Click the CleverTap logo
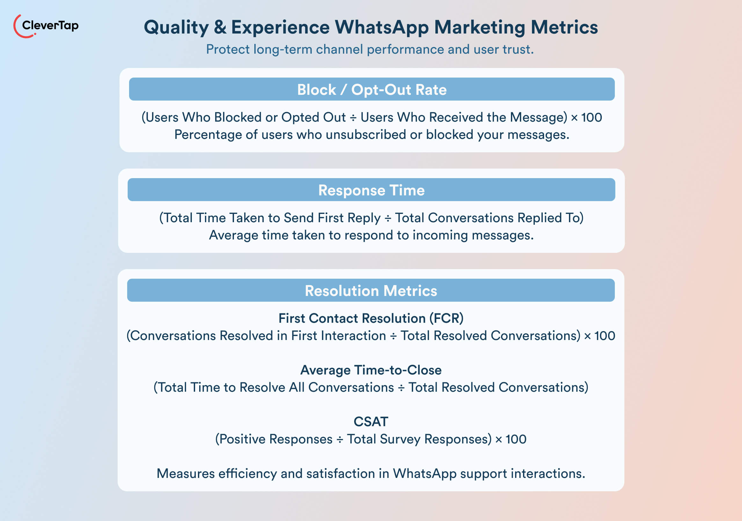(x=46, y=26)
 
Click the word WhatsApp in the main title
(x=382, y=27)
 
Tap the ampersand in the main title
(x=220, y=27)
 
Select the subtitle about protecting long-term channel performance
(x=370, y=49)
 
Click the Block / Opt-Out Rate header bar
(x=372, y=89)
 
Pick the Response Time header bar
(x=371, y=190)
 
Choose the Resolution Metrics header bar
(x=371, y=291)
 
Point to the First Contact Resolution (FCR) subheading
(x=371, y=318)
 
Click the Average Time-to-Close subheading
(x=371, y=370)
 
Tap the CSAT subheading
(x=371, y=422)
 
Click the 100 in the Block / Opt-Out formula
(x=592, y=117)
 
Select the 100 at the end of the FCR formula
(x=605, y=336)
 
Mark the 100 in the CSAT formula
(x=516, y=440)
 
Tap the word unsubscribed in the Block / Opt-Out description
(x=366, y=135)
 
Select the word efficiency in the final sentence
(x=248, y=474)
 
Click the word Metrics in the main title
(x=564, y=27)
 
